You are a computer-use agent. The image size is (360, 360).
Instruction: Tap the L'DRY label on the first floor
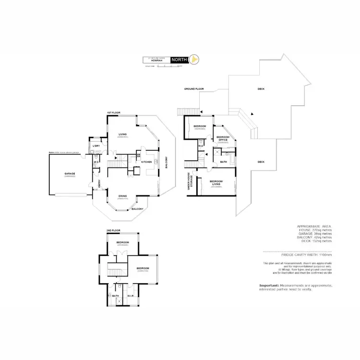pyautogui.click(x=96, y=145)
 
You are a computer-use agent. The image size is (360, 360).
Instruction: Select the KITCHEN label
pyautogui.click(x=146, y=162)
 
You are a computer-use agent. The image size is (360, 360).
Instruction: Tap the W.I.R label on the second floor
pyautogui.click(x=130, y=296)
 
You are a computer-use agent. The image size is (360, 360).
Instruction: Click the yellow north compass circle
pyautogui.click(x=194, y=60)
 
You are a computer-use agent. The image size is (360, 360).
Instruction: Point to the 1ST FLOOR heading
pyautogui.click(x=113, y=112)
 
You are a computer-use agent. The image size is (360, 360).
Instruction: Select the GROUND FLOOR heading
pyautogui.click(x=194, y=89)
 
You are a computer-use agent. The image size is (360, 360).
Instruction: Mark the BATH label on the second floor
pyautogui.click(x=115, y=296)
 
